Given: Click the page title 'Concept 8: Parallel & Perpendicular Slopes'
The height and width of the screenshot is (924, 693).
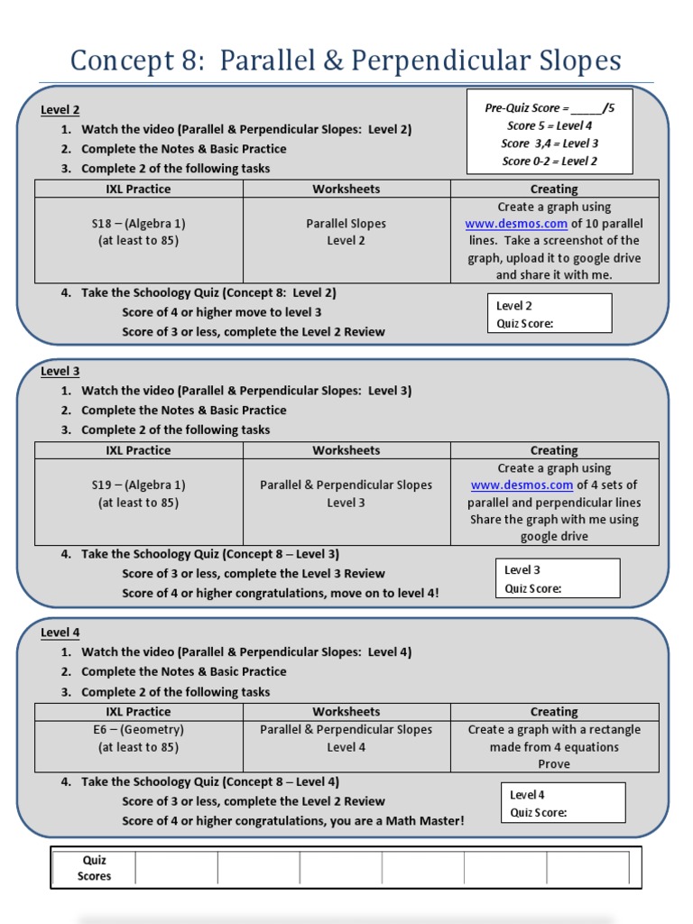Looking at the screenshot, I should click(346, 61).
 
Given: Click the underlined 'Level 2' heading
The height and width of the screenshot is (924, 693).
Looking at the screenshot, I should click(60, 110).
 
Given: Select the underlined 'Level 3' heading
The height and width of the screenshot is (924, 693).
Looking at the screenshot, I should click(60, 371).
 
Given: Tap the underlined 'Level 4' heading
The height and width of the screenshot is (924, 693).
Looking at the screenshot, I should click(60, 633).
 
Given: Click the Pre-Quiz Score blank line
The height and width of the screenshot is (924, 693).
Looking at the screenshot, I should click(590, 108).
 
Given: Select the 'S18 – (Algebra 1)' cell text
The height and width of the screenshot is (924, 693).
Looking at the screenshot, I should click(138, 224).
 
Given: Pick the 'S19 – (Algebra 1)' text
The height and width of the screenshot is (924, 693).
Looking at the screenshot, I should click(138, 485).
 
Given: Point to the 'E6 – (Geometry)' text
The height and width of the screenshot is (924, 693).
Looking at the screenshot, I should click(138, 730).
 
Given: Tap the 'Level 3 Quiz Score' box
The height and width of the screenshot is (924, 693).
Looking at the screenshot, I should click(558, 578).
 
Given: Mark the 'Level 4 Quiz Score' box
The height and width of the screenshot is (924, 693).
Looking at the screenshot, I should click(563, 803).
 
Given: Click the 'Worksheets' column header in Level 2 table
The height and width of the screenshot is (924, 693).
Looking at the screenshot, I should click(346, 189).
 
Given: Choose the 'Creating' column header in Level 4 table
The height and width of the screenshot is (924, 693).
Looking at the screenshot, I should click(554, 712).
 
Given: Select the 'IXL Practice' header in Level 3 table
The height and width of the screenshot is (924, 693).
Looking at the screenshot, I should click(138, 450).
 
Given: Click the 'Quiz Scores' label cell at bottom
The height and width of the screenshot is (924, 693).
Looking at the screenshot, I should click(94, 868).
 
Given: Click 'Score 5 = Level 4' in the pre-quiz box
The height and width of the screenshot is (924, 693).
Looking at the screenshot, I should click(550, 126).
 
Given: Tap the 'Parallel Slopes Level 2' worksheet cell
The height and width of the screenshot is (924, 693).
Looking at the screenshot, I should click(346, 232).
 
